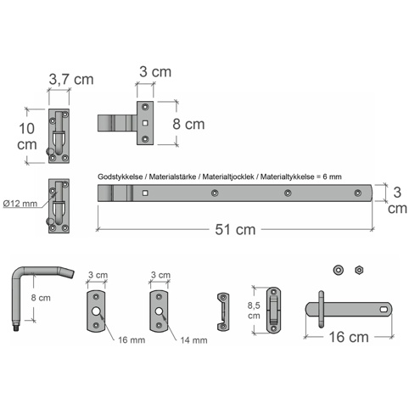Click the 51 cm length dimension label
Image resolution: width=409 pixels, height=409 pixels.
pos(235,229)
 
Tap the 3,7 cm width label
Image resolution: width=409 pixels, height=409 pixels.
pos(71,79)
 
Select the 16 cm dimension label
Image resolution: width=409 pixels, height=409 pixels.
pos(349,337)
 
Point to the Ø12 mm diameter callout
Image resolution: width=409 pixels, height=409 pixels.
pos(20,204)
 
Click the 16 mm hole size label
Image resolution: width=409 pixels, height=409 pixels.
pos(132,339)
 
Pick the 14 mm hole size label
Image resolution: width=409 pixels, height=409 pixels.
pos(193,340)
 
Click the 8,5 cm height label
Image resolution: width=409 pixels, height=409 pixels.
pos(254,311)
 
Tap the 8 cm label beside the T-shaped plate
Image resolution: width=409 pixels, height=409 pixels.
pos(188,124)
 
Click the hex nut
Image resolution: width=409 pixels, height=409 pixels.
pos(359,270)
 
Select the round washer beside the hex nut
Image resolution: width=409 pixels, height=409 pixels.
pos(339,270)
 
